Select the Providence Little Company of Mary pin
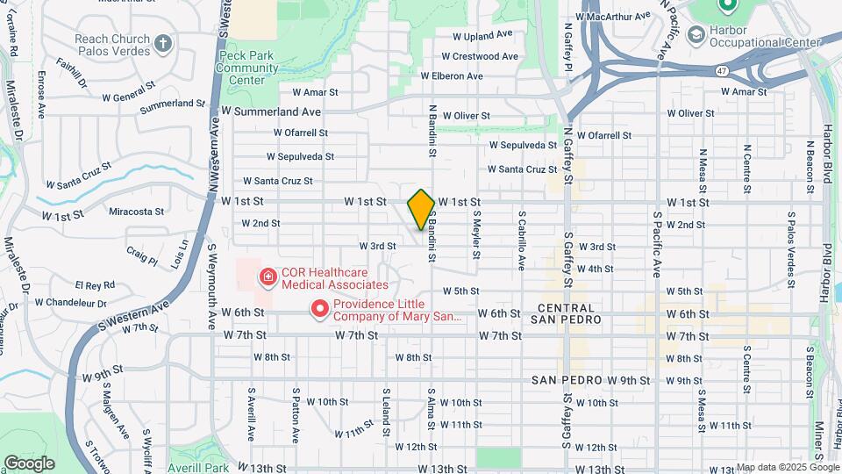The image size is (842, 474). (320, 309)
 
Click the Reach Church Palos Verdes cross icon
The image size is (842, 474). (163, 43)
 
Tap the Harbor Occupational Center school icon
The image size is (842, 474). (696, 35)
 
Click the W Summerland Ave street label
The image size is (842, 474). (271, 111)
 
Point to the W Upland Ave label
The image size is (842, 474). (482, 36)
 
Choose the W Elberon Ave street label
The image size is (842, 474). (452, 76)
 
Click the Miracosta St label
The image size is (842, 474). (136, 212)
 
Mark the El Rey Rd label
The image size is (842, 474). (95, 285)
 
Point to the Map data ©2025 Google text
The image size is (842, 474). (787, 467)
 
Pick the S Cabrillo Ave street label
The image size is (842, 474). (521, 239)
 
